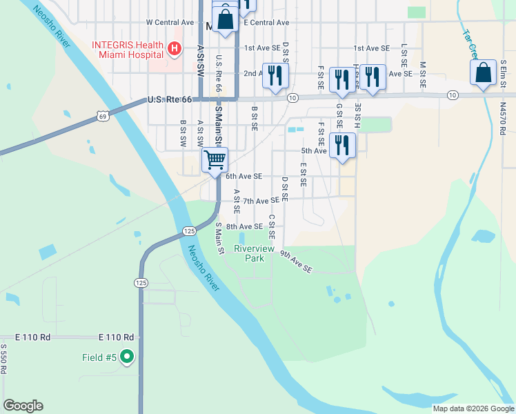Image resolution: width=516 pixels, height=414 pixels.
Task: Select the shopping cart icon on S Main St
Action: [215, 160]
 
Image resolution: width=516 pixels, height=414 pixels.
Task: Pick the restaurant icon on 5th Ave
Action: [342, 146]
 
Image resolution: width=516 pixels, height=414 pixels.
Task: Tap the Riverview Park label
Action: [249, 253]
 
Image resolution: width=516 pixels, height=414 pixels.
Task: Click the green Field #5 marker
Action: [126, 357]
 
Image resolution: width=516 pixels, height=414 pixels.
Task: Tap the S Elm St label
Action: [504, 72]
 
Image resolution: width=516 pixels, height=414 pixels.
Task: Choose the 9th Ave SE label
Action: [296, 262]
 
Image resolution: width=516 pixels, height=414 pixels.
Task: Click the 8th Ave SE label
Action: [244, 226]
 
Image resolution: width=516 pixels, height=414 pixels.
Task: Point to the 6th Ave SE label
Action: [244, 177]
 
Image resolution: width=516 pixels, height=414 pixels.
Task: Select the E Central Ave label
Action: [266, 23]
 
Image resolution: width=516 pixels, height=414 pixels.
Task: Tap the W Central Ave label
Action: [171, 23]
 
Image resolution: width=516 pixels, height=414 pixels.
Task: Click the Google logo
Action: [23, 406]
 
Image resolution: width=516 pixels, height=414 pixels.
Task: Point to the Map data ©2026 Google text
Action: [473, 408]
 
